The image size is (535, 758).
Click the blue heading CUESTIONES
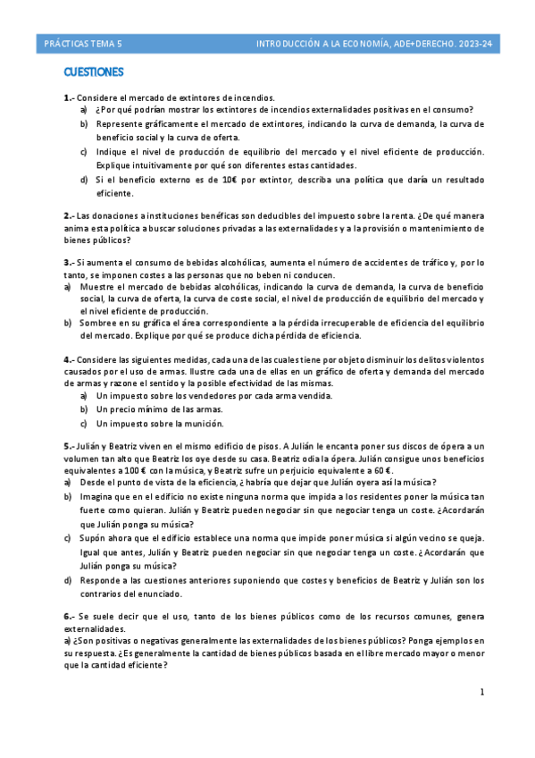(x=93, y=72)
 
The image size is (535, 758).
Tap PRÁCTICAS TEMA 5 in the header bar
(x=86, y=42)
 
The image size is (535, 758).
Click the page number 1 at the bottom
(x=481, y=692)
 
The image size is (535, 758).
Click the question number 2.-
(x=69, y=215)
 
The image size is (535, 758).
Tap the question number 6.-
(x=69, y=617)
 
